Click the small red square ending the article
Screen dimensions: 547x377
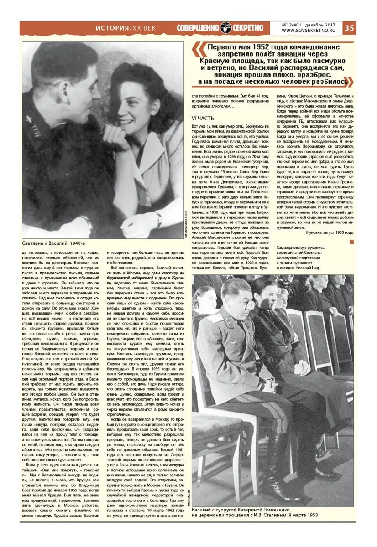point(351,241)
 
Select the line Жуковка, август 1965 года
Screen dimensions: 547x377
point(329,232)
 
